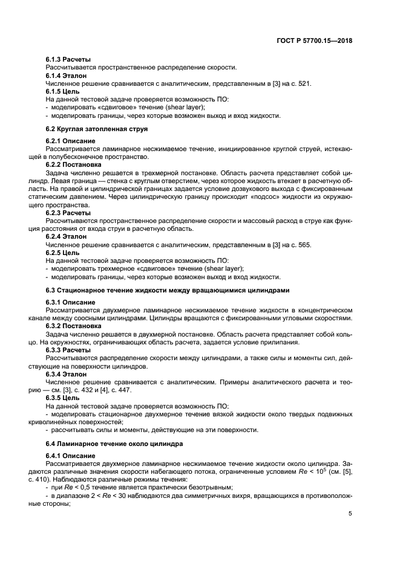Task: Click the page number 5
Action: [350, 513]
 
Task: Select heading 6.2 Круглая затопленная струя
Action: [96, 129]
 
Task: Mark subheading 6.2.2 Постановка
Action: [73, 164]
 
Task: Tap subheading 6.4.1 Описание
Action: [70, 455]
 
